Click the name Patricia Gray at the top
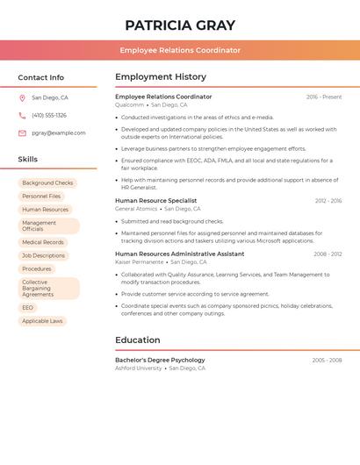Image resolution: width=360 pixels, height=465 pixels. click(180, 25)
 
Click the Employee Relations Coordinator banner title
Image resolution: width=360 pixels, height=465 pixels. click(180, 50)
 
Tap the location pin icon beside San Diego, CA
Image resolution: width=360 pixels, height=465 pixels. click(22, 98)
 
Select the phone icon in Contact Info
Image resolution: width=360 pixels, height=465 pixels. click(22, 115)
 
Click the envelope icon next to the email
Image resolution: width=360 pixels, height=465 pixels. click(22, 133)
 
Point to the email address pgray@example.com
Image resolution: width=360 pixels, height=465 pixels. click(59, 133)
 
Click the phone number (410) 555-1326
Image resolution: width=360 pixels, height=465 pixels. click(49, 115)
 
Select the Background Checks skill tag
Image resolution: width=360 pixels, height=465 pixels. click(47, 183)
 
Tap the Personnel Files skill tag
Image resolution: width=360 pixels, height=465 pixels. click(41, 197)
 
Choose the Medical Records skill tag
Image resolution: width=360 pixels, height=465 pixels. click(43, 242)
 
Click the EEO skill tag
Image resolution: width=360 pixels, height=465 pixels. click(28, 308)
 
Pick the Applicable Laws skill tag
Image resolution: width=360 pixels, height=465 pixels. click(42, 321)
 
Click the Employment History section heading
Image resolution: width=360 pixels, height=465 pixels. click(161, 77)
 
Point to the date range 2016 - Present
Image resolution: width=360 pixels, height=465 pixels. click(324, 97)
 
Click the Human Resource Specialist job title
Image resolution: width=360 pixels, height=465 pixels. click(155, 201)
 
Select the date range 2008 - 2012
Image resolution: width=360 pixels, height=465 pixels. click(328, 254)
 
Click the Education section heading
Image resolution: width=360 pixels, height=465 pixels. click(138, 340)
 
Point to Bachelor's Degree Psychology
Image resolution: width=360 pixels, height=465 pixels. click(160, 360)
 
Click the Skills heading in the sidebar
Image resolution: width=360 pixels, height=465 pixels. click(28, 160)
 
